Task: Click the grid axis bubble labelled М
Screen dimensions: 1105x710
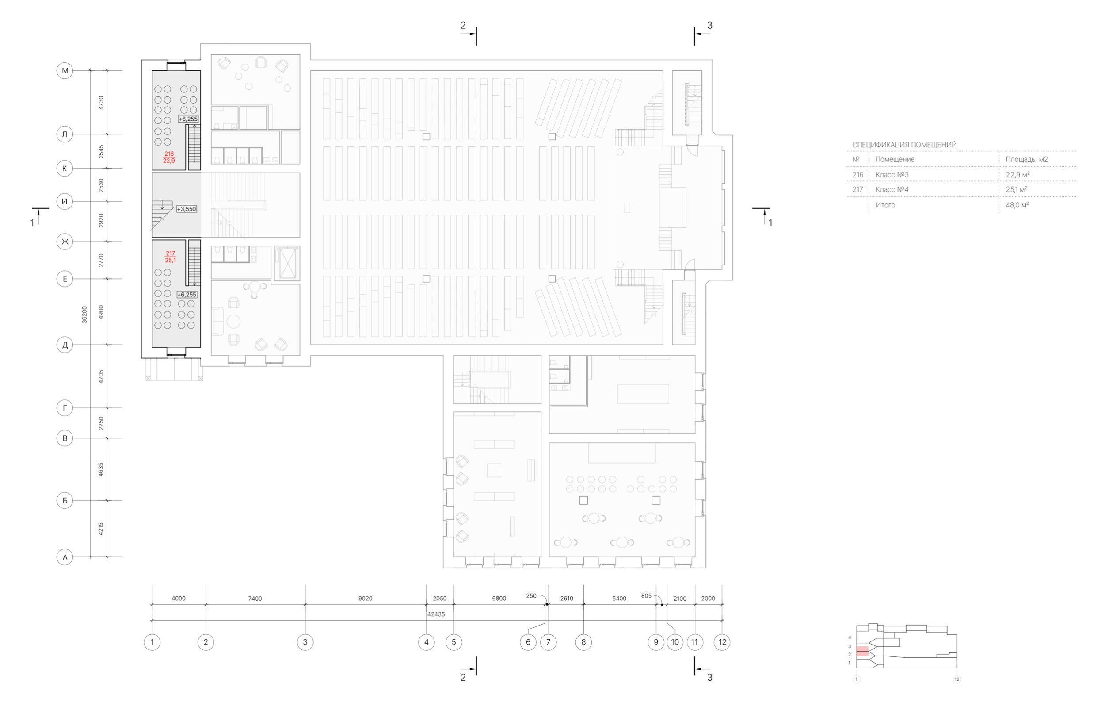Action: click(65, 70)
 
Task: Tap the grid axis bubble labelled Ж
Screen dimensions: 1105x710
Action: click(65, 242)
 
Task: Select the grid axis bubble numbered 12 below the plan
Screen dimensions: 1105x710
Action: click(722, 642)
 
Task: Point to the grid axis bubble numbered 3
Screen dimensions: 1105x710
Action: click(305, 642)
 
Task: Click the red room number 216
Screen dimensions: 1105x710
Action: click(169, 154)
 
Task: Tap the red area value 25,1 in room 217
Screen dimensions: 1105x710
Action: click(171, 261)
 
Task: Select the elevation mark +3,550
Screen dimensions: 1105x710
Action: click(187, 209)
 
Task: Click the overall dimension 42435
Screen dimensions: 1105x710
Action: click(436, 614)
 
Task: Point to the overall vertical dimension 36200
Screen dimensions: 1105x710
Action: click(84, 315)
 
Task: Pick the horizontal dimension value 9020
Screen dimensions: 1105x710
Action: click(365, 599)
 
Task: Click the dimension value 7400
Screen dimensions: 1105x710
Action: click(255, 599)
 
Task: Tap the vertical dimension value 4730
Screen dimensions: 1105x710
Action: click(101, 102)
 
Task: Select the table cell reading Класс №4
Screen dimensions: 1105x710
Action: click(892, 189)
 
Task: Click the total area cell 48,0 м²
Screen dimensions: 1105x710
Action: click(1017, 205)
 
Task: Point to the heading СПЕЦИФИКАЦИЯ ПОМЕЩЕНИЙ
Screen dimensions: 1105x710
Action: click(904, 145)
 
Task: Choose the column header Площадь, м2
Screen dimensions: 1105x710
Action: click(1026, 160)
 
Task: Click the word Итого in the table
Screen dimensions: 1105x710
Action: click(885, 205)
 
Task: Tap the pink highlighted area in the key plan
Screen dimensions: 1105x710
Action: click(862, 651)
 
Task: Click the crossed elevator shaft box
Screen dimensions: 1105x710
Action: click(287, 263)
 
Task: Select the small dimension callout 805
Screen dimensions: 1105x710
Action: click(646, 596)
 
